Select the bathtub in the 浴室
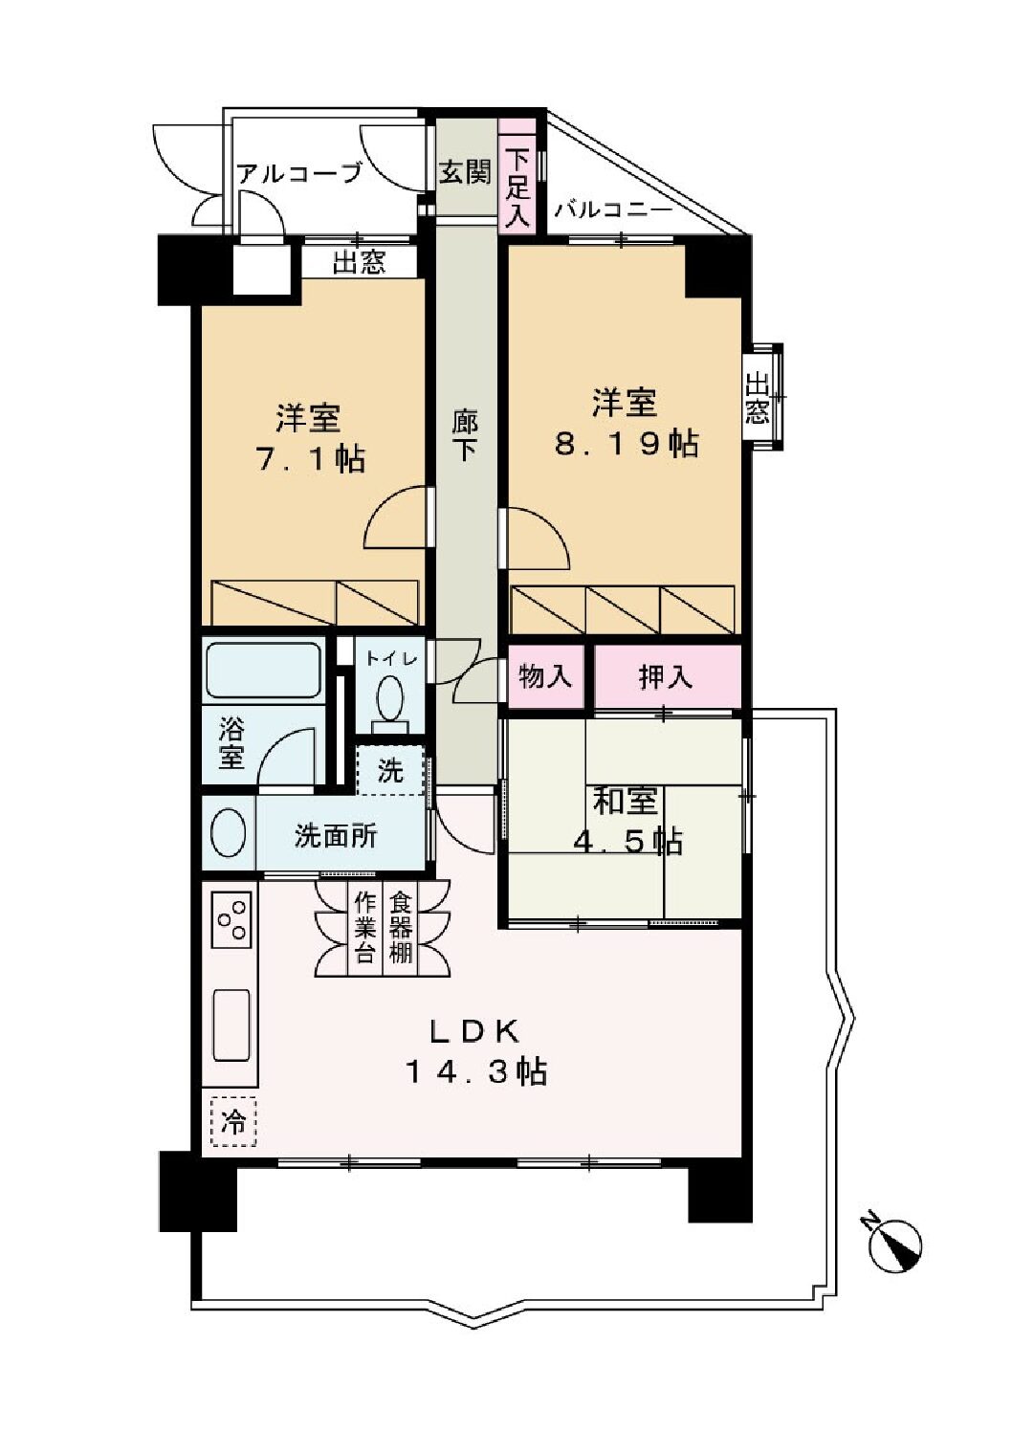(263, 671)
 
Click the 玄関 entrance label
(466, 171)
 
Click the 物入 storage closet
(545, 676)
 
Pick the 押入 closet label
(667, 677)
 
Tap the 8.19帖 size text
(626, 444)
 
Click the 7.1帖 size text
(311, 459)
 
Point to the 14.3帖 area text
(476, 1071)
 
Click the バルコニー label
(613, 210)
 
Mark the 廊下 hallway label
(465, 436)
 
